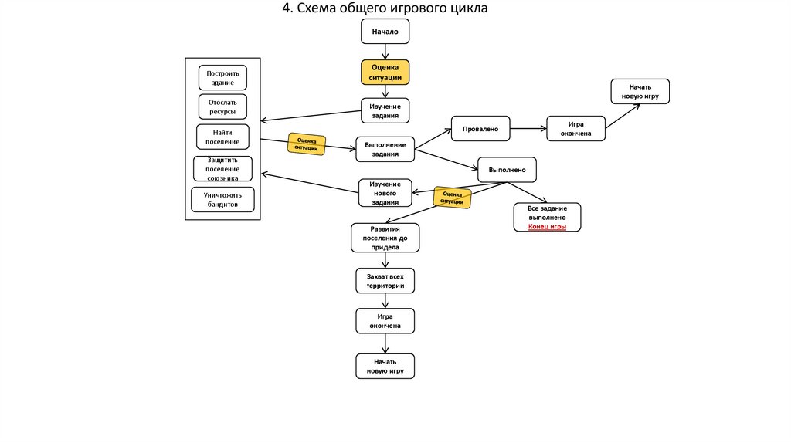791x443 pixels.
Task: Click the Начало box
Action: click(x=385, y=32)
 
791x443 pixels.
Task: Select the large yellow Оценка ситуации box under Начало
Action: click(x=385, y=72)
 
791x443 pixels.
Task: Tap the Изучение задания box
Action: click(x=385, y=110)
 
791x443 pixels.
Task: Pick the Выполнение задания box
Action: click(x=385, y=149)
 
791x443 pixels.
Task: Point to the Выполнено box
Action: click(x=507, y=169)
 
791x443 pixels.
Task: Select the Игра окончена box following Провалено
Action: click(x=575, y=129)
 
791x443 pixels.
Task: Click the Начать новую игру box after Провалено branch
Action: click(x=640, y=91)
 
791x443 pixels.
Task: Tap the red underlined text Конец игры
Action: click(x=548, y=227)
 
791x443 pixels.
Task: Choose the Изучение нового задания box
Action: click(x=385, y=193)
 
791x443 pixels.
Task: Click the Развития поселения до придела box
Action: click(x=385, y=238)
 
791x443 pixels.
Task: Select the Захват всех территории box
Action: click(x=385, y=280)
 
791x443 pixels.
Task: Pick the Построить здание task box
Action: click(x=223, y=78)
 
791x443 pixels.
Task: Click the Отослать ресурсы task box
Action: click(x=223, y=107)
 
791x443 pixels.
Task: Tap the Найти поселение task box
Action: click(x=222, y=137)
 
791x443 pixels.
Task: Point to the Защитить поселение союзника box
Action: click(x=222, y=168)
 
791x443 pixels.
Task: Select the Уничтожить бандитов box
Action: click(x=222, y=200)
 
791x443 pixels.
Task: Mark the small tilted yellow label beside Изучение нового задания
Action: click(x=452, y=198)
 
